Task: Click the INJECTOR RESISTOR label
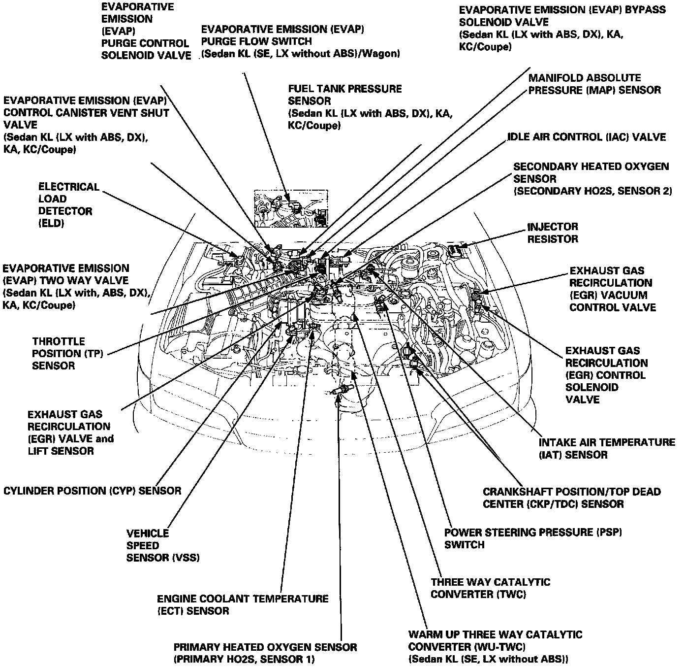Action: pos(553,233)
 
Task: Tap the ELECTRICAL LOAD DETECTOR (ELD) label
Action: pos(68,205)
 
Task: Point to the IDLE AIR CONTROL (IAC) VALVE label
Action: pos(587,137)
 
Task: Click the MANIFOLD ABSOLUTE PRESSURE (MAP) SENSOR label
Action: pos(594,84)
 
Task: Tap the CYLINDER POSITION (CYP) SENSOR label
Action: pos(93,491)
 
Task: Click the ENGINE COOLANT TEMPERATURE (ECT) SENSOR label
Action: pos(243,605)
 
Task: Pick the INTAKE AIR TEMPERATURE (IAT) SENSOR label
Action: pos(607,448)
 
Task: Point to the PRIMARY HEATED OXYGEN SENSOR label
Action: pos(265,653)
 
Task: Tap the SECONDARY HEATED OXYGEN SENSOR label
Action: pos(592,179)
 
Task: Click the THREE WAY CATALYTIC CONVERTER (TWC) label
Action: pos(490,588)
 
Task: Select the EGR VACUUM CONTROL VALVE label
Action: pos(612,289)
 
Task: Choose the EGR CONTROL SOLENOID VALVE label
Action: pos(606,375)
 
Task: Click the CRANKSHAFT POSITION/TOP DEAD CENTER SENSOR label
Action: pos(571,498)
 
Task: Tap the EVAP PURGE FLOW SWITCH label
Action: pos(300,41)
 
